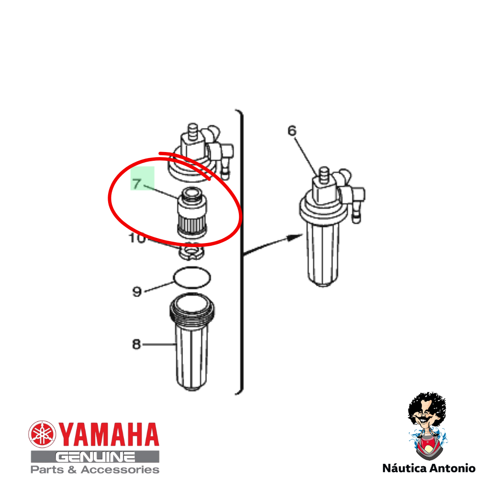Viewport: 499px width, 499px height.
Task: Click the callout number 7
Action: tap(137, 183)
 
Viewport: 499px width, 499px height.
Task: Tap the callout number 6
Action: tap(292, 130)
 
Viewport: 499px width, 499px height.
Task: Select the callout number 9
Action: tap(137, 292)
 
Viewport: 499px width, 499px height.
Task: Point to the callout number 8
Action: tap(136, 344)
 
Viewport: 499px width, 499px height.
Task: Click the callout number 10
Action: tap(137, 238)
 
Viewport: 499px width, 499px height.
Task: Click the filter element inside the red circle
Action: tap(192, 212)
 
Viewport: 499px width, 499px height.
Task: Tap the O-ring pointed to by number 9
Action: tap(192, 278)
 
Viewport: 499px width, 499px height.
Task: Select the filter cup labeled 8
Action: tap(192, 342)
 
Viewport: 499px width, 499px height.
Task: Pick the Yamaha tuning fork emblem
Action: tap(42, 434)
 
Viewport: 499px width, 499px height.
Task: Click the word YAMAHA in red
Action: tap(109, 434)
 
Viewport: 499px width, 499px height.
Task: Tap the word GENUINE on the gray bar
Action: tap(95, 457)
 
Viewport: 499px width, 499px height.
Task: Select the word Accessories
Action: tap(120, 470)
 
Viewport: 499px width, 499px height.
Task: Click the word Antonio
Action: tap(452, 468)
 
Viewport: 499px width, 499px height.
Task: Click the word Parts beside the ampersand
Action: tap(47, 470)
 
